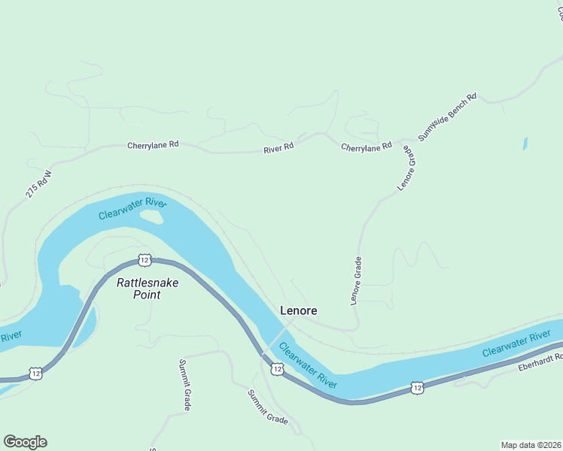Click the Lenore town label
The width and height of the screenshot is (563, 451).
298,310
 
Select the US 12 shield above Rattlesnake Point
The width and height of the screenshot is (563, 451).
145,260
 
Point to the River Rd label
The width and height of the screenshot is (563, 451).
278,149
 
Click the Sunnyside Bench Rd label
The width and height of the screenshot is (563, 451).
448,117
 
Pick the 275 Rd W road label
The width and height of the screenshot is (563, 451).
38,184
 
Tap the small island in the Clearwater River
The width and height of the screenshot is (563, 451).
151,217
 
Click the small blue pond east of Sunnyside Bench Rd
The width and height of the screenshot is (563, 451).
525,143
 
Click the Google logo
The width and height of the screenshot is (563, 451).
25,442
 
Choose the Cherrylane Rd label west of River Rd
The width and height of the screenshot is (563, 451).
153,144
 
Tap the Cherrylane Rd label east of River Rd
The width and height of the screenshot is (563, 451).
367,147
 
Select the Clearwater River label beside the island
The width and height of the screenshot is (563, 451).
132,209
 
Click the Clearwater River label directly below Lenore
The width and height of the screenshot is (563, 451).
308,366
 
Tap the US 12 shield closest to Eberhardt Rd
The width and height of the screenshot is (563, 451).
418,388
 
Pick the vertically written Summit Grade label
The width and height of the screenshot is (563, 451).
184,385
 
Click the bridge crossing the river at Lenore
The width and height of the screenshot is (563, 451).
277,335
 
